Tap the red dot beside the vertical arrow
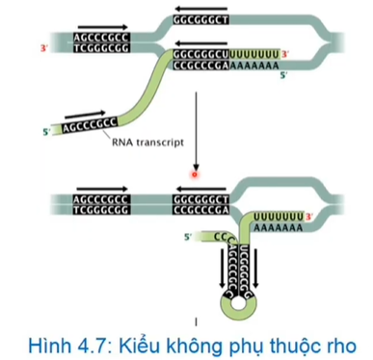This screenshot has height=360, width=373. click(194, 175)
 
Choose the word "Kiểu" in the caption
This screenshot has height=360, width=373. click(136, 344)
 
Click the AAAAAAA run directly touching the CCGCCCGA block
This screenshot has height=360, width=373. click(255, 69)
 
